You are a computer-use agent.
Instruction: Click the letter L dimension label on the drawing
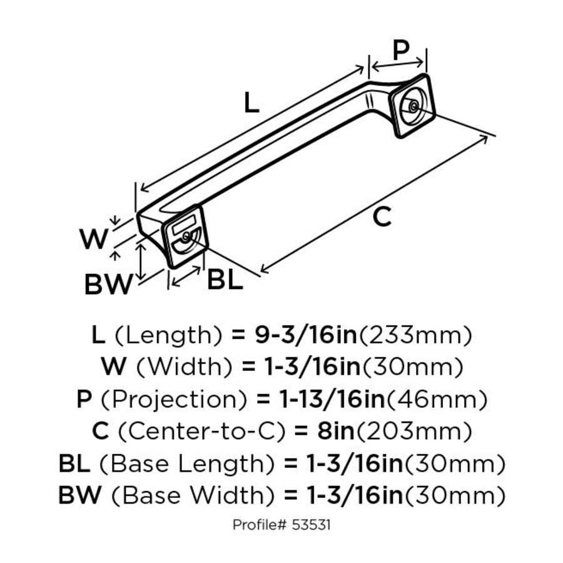click(x=250, y=103)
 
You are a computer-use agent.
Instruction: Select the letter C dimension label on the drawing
click(x=382, y=217)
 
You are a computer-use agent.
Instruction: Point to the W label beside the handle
click(x=94, y=239)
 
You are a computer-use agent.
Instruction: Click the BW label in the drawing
click(x=109, y=285)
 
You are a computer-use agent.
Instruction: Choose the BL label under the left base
click(x=225, y=280)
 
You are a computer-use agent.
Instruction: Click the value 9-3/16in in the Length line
click(x=305, y=335)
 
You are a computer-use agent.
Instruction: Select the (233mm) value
click(x=414, y=335)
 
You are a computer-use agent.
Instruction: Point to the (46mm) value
click(x=438, y=399)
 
